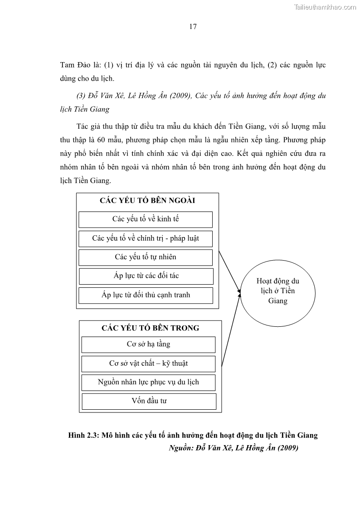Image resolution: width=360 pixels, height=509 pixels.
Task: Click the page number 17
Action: pos(193,26)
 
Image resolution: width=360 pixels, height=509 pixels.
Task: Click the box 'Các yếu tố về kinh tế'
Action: pos(146,219)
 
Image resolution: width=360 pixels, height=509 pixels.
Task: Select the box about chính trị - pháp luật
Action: pos(146,238)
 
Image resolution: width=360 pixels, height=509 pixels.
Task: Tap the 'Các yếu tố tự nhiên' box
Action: pos(146,257)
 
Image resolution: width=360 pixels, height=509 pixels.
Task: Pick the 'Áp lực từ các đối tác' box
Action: pos(146,276)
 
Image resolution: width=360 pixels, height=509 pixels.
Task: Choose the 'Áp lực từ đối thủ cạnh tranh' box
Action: pos(146,295)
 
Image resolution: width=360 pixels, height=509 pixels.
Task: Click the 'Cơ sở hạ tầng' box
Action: pos(148,344)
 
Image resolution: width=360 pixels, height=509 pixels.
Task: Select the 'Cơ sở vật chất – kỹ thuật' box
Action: pos(148,364)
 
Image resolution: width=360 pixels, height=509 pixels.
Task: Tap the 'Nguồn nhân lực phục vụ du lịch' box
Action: pos(148,382)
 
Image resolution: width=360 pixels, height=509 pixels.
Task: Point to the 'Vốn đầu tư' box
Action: pos(149,401)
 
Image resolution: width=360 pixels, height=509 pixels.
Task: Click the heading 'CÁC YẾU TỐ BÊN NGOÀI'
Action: pos(147,201)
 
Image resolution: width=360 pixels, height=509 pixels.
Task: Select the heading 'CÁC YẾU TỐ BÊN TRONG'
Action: pos(150,328)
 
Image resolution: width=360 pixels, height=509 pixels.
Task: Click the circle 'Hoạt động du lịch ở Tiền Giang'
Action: pos(277,291)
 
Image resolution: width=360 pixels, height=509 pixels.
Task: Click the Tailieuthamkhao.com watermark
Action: pos(325,7)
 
